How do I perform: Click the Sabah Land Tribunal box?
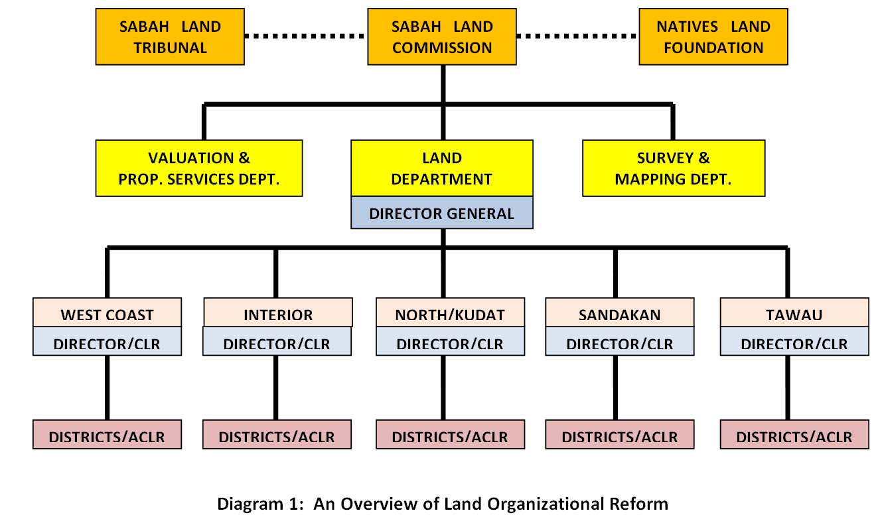(x=170, y=37)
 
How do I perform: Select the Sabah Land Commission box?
(x=442, y=37)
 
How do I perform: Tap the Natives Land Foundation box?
(x=713, y=37)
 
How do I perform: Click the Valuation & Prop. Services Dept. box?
(x=199, y=168)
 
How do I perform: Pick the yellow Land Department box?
(x=442, y=168)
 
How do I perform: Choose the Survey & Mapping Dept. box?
(x=673, y=168)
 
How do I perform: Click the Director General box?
(x=442, y=213)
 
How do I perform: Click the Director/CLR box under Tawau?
(x=794, y=343)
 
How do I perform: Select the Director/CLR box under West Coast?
(x=107, y=343)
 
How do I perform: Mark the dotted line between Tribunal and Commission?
(x=306, y=37)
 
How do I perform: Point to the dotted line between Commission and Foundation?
(x=577, y=37)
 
